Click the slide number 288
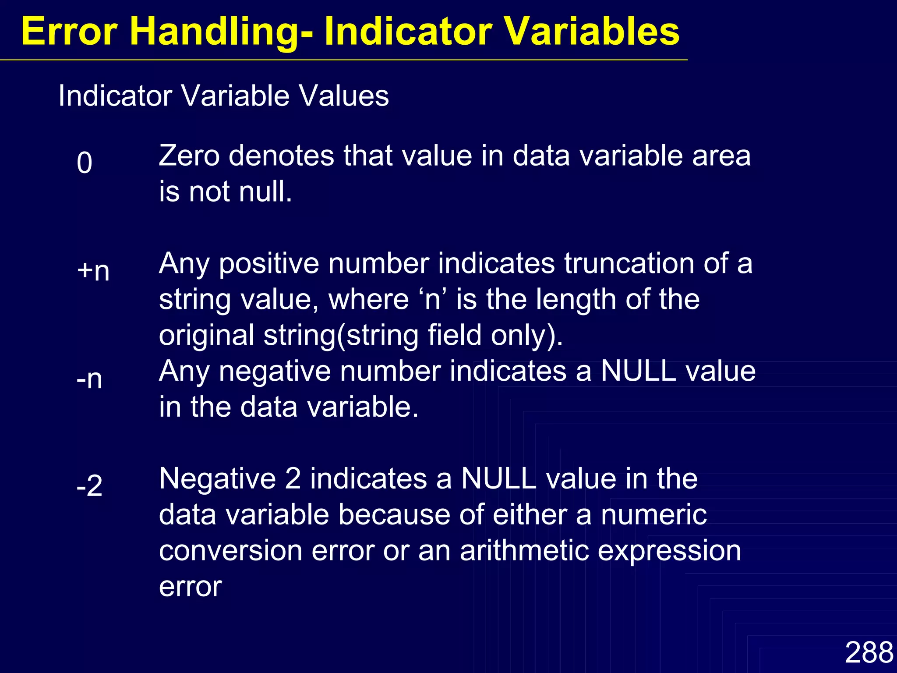869,652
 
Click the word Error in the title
69,32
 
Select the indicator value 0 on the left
85,163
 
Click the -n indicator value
89,379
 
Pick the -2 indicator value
89,486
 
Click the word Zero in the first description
189,156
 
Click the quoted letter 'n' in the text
432,299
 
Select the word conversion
230,551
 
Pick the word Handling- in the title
221,32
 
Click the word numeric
653,515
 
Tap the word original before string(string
206,336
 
